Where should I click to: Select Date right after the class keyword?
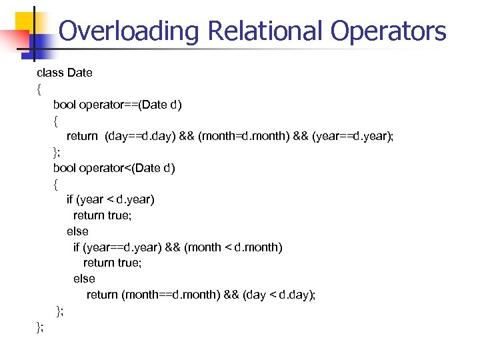(x=80, y=73)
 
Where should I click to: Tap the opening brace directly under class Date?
(x=39, y=89)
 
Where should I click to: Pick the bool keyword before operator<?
(x=65, y=167)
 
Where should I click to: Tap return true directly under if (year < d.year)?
(x=98, y=215)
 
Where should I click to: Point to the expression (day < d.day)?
(x=279, y=295)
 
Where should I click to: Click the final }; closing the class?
(x=41, y=326)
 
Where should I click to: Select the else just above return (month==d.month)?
(x=84, y=279)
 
